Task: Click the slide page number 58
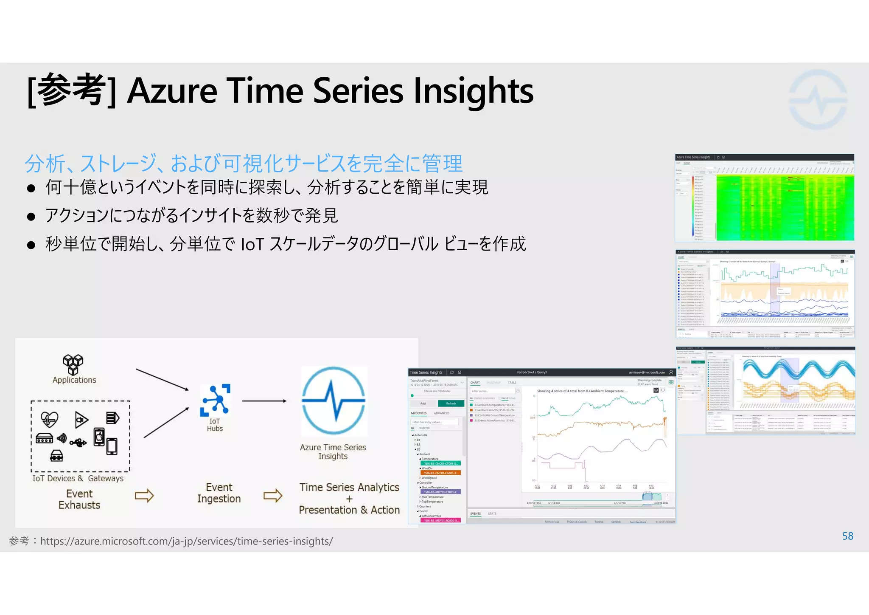847,536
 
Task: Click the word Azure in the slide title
172,91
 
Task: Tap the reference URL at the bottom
186,541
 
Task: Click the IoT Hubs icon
215,400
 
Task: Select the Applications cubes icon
73,364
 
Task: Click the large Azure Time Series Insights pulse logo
334,401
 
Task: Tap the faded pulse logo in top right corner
818,100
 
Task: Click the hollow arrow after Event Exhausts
144,496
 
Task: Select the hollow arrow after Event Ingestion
273,496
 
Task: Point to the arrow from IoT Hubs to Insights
264,401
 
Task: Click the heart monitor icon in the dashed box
49,419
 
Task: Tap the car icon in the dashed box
56,456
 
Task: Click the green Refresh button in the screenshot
451,403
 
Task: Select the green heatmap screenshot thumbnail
764,198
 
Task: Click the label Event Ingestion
219,493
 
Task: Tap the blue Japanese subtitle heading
244,164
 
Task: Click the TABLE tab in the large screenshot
512,383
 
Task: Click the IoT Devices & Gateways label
78,478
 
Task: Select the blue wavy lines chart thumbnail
765,390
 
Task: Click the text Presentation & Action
349,510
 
